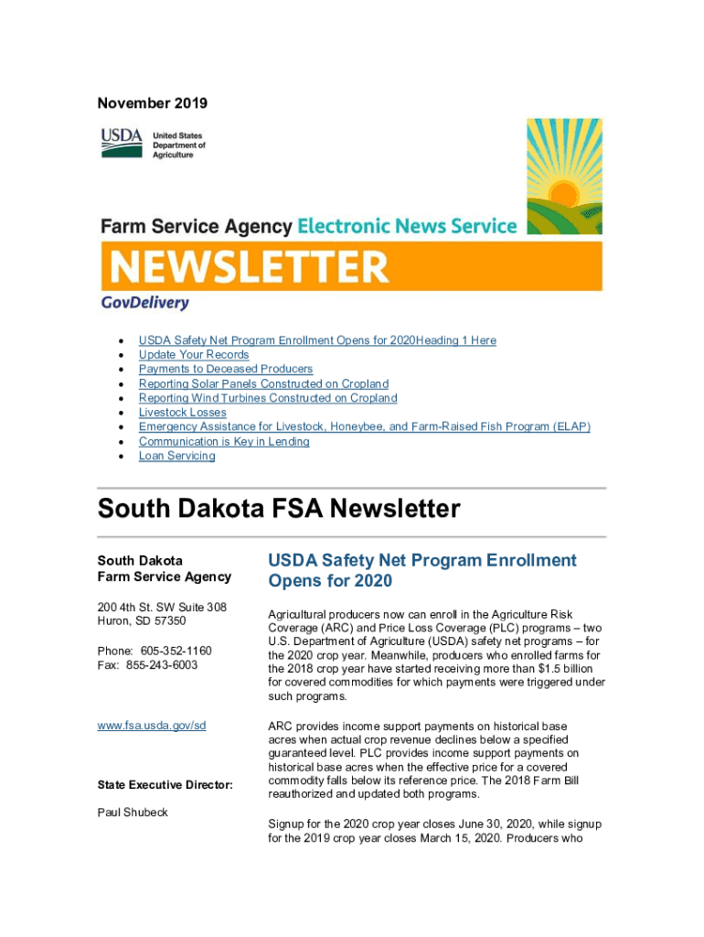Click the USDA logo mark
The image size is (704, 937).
(122, 143)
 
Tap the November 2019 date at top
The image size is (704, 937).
(153, 103)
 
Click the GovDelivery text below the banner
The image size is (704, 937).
(144, 303)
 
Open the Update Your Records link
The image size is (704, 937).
(194, 355)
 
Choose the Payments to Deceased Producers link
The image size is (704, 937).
(226, 370)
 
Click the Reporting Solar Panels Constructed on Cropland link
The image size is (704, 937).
(263, 384)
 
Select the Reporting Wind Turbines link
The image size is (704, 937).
(268, 399)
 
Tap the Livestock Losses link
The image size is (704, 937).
(183, 413)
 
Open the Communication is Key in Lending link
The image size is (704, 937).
(224, 442)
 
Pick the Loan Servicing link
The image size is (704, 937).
(177, 457)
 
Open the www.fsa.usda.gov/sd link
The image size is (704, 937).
(152, 726)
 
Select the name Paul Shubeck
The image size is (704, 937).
(133, 813)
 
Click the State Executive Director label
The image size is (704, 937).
(165, 785)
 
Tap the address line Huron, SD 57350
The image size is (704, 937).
(143, 621)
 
